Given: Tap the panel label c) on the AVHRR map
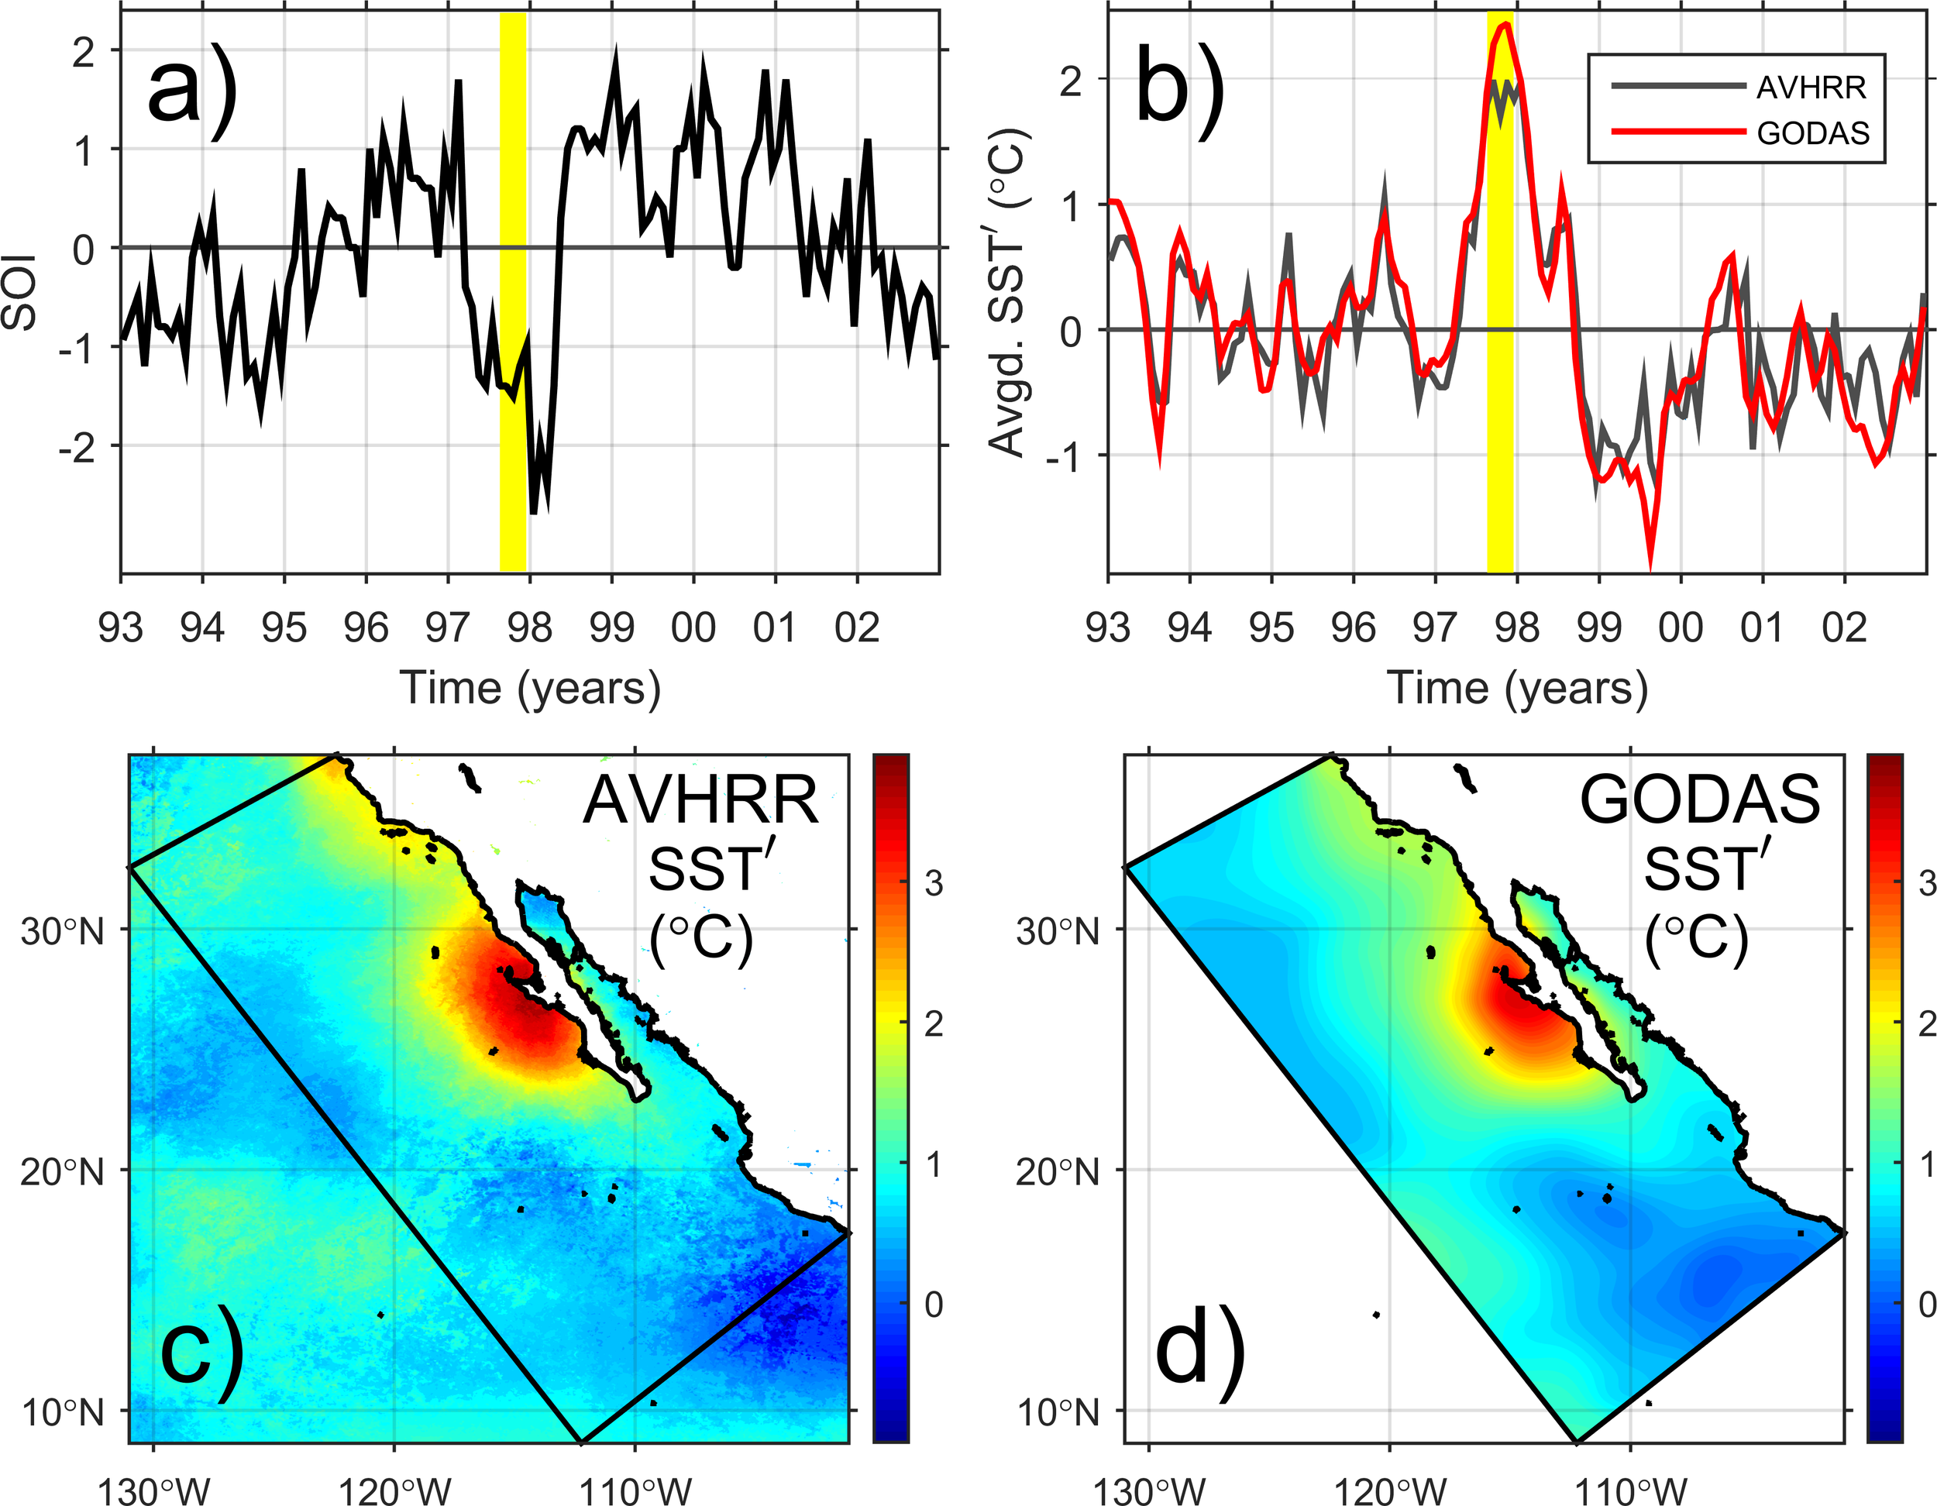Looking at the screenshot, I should [200, 1357].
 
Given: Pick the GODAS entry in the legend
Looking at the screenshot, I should [1813, 133].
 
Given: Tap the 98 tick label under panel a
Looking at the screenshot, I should [529, 628].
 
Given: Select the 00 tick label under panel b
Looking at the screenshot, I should [1680, 628].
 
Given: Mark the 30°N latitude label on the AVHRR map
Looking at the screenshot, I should [62, 932].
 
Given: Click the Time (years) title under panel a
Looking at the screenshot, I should [529, 688].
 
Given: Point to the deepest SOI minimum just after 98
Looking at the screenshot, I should [534, 513].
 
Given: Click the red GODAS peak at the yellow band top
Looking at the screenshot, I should [1505, 25].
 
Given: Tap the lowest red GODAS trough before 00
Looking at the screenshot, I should [1650, 568].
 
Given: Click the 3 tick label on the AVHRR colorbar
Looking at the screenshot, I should [933, 883].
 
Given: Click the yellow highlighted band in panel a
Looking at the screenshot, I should [513, 293].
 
